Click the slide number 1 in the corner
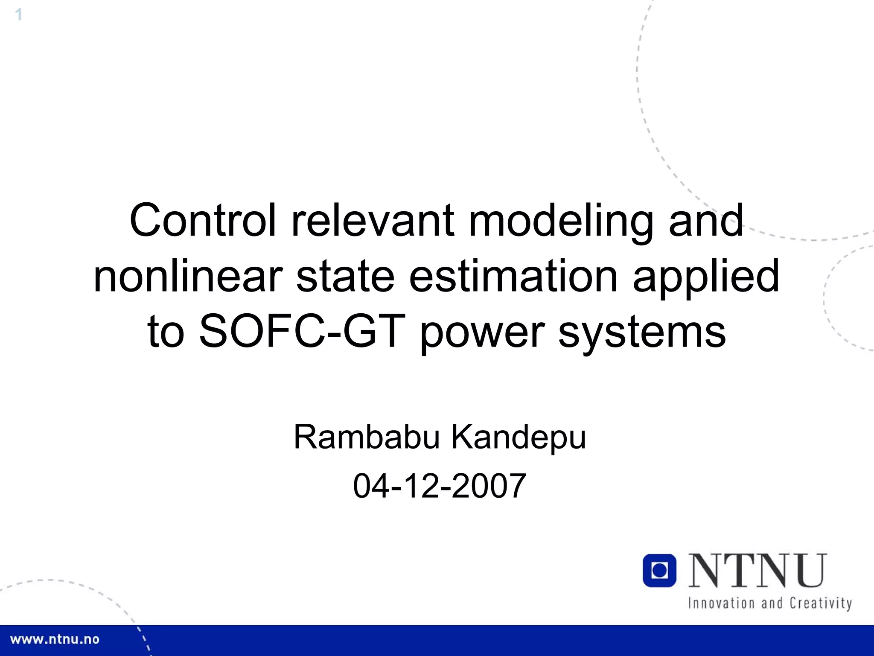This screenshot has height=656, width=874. [18, 15]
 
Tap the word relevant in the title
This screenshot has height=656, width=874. [373, 221]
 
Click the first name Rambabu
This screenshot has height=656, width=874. [367, 437]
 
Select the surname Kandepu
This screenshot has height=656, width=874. [519, 438]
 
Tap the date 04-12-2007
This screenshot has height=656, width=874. [440, 486]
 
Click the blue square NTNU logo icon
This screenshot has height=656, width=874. [659, 571]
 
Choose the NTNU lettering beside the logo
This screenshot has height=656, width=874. [757, 571]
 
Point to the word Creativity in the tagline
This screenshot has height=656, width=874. [821, 603]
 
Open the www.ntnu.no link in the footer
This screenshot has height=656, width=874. [55, 639]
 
